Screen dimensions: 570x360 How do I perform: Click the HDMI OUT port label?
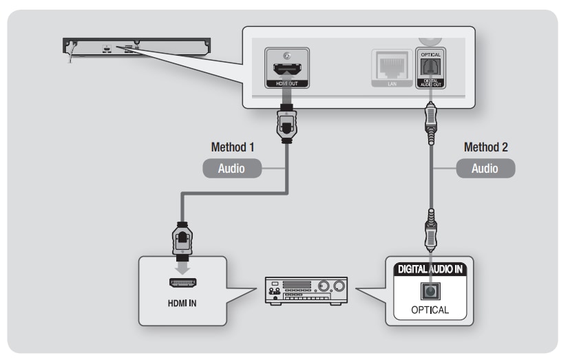click(287, 84)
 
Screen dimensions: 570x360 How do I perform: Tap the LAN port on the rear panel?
click(392, 65)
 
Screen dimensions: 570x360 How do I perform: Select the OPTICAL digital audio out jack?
click(430, 67)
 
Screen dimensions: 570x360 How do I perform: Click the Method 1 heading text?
click(232, 147)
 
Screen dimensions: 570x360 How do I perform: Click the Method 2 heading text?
click(485, 147)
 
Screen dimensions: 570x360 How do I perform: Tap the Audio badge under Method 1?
click(232, 169)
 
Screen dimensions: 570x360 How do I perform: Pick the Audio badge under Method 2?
click(485, 169)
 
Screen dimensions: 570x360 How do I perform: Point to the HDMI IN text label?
click(182, 304)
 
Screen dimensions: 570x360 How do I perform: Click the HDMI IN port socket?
click(183, 282)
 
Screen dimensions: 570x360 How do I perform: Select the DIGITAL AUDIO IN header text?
click(430, 269)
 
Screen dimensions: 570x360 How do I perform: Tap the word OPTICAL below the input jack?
click(430, 310)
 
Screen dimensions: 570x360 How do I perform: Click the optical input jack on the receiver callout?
click(430, 291)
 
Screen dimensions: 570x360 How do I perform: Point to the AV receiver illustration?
click(306, 290)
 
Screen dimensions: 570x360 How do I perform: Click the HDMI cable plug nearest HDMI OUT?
click(287, 124)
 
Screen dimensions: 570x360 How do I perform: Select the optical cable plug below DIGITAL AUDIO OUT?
click(431, 124)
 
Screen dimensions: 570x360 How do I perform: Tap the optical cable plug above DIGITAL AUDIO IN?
click(431, 230)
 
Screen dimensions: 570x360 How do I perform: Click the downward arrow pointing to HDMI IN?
click(182, 268)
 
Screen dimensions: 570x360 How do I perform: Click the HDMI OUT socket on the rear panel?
click(287, 68)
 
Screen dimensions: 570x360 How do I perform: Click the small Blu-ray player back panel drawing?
click(137, 47)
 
